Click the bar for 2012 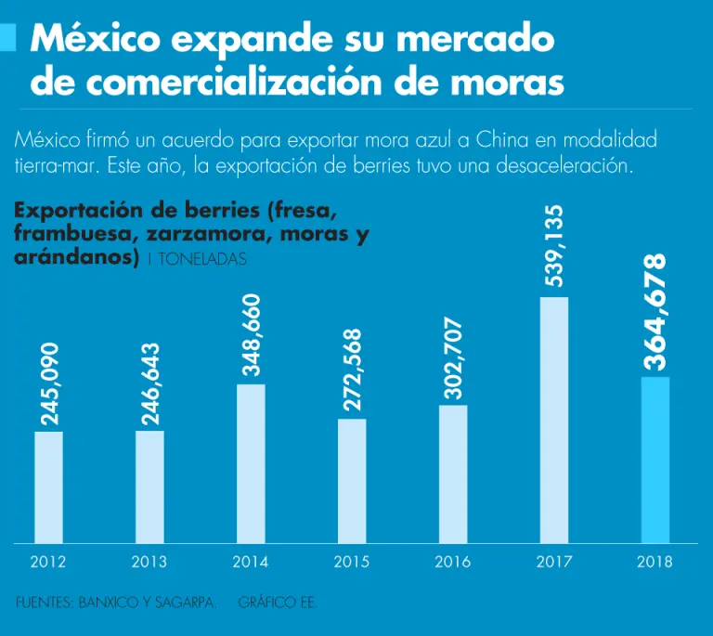click(x=48, y=487)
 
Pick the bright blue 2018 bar click(x=655, y=460)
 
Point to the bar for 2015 click(x=352, y=480)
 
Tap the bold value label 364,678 click(x=655, y=312)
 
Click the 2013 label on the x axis click(x=149, y=562)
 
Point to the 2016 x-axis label click(x=453, y=562)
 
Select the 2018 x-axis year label click(x=655, y=562)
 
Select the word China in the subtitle click(x=502, y=141)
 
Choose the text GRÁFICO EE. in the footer click(x=278, y=604)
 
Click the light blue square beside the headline click(x=8, y=38)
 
